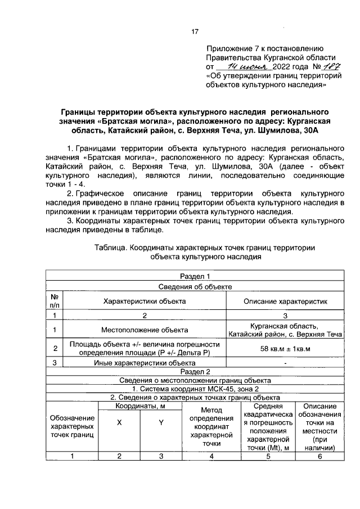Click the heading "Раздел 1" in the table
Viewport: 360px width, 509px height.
coord(195,276)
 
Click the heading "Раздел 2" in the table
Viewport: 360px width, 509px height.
coord(195,372)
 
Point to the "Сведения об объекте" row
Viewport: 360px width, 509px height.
coord(195,286)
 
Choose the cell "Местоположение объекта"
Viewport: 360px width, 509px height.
coord(145,330)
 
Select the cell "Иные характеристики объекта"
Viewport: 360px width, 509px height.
coord(145,363)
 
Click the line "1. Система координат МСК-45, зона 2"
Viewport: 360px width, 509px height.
coord(195,389)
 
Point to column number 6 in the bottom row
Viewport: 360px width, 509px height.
coord(319,456)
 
